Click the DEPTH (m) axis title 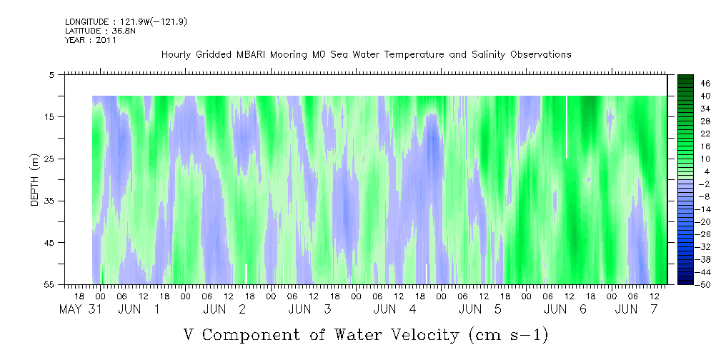coord(35,180)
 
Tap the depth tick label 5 coord(51,74)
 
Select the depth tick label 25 coord(49,159)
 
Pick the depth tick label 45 coord(49,243)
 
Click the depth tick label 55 coord(49,284)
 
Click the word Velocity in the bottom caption coord(397,335)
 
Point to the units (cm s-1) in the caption coord(509,335)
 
